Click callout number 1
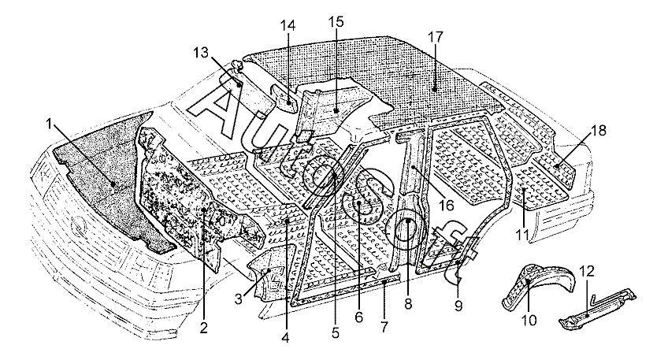click(x=49, y=124)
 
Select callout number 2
click(x=204, y=327)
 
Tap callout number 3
click(x=239, y=299)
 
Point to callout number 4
click(x=285, y=337)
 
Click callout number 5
click(x=336, y=332)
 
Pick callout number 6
click(x=358, y=317)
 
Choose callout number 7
click(x=384, y=327)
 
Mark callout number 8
click(x=408, y=304)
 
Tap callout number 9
click(x=458, y=306)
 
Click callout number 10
click(x=529, y=320)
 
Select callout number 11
click(x=522, y=234)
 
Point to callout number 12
click(x=587, y=272)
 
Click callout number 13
click(x=201, y=53)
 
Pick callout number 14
click(x=288, y=24)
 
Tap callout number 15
click(x=336, y=21)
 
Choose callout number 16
click(x=447, y=205)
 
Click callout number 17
click(x=436, y=37)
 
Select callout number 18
click(x=599, y=130)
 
